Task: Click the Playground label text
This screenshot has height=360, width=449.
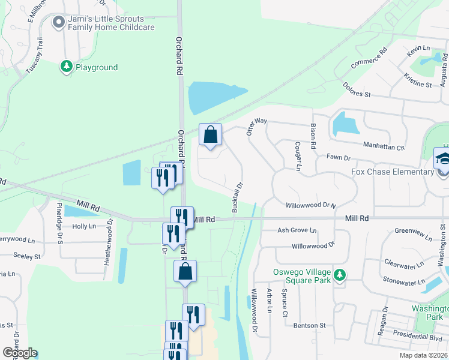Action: point(97,68)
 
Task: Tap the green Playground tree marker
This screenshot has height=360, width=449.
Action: point(66,67)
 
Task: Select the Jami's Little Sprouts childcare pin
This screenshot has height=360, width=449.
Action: point(58,23)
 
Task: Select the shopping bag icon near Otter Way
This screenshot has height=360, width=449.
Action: point(210,136)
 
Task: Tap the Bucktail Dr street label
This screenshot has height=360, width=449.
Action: point(237,197)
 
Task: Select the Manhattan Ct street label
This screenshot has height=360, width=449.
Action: point(384,145)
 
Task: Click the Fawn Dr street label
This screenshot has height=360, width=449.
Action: point(338,157)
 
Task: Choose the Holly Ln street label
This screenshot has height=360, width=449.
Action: point(83,226)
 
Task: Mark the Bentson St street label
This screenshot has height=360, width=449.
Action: point(309,325)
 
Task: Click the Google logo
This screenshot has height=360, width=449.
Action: point(20,353)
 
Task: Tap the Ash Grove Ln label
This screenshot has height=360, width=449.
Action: point(297,230)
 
